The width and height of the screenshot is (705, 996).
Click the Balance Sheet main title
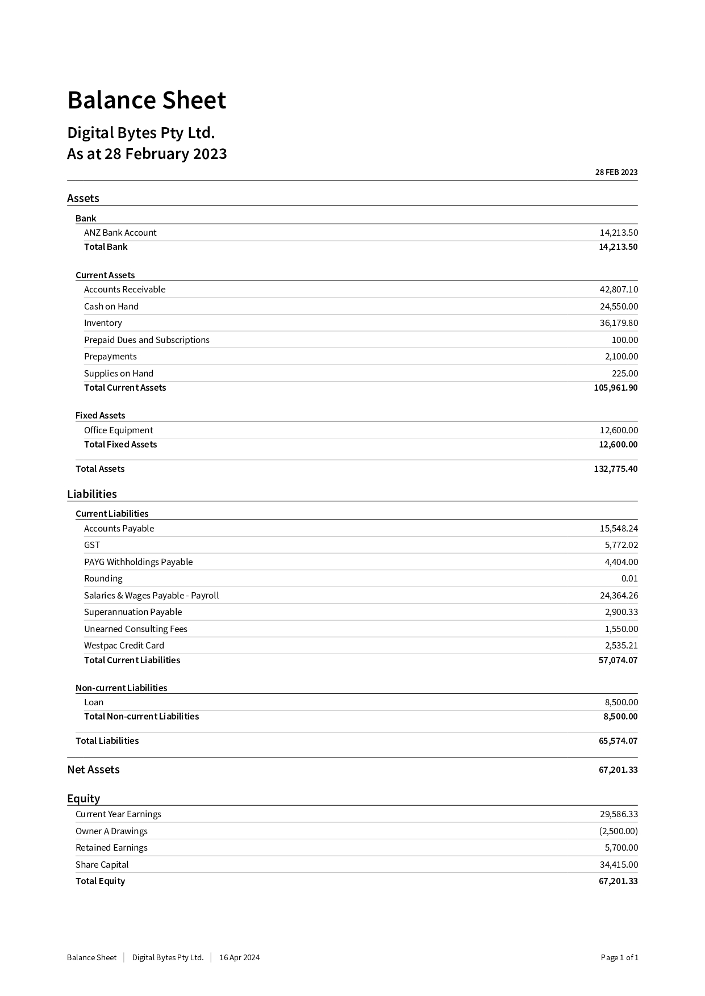point(147,101)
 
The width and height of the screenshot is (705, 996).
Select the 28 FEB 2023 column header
point(616,172)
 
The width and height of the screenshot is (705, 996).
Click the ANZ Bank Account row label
point(120,232)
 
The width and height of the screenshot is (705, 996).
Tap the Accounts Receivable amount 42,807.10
point(619,289)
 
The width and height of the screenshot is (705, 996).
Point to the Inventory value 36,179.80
point(619,323)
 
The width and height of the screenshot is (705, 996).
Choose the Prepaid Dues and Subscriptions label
point(147,340)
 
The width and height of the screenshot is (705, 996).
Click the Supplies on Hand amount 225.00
point(624,373)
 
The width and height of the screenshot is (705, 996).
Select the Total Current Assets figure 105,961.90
point(615,387)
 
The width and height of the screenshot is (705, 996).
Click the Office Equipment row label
point(118,430)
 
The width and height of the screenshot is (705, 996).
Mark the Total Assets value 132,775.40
point(615,468)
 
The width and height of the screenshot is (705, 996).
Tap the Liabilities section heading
point(92,494)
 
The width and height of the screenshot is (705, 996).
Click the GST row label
point(92,545)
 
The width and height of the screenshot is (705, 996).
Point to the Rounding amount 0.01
point(629,578)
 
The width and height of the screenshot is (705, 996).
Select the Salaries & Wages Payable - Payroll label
point(151,595)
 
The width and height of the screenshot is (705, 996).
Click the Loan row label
point(94,702)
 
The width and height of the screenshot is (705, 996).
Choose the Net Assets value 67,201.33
point(618,769)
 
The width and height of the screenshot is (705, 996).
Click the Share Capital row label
point(102,864)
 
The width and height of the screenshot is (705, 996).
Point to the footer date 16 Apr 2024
point(239,957)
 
